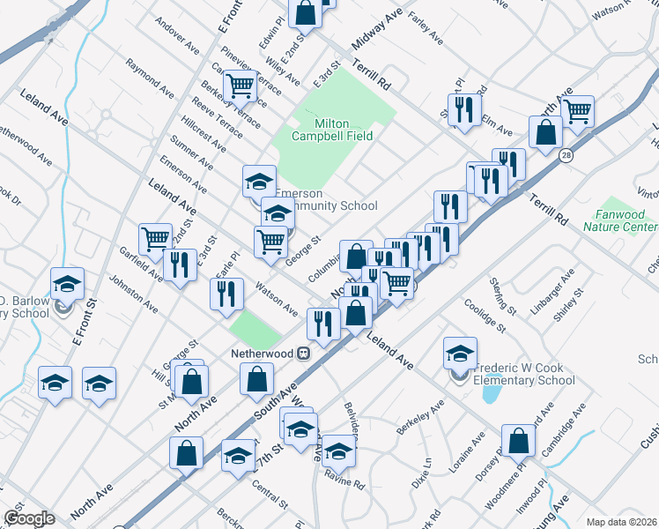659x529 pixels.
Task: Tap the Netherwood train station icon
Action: [302, 353]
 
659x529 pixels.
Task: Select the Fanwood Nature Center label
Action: [620, 220]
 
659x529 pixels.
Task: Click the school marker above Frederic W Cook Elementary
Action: [459, 353]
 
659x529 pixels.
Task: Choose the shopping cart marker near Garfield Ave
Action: [155, 237]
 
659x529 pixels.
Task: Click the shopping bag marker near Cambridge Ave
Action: [518, 440]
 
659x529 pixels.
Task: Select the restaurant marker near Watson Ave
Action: [226, 292]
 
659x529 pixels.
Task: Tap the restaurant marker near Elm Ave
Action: [462, 108]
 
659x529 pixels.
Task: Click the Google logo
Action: [29, 518]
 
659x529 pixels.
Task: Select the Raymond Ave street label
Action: [150, 78]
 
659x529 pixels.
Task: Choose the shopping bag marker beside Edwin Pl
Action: [305, 12]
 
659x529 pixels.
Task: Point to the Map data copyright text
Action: [620, 521]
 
